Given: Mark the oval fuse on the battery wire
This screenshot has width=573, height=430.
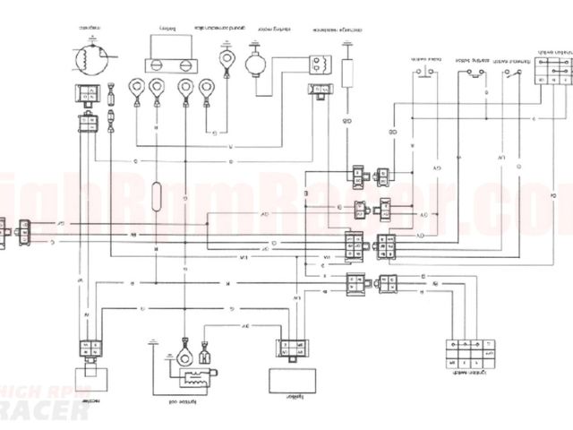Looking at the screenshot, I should coord(158,195).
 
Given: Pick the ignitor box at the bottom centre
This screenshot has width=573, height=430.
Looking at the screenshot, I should coord(285,379).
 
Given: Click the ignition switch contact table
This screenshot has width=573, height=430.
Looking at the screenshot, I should coord(466,350).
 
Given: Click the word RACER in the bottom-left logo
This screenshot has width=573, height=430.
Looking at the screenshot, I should coord(45,411).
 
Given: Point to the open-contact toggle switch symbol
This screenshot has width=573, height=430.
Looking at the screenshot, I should coord(509,73).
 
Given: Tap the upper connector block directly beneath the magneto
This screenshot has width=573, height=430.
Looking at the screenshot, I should coord(88,91).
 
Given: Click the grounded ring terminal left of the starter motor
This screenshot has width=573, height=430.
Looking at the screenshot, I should coord(226,65).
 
